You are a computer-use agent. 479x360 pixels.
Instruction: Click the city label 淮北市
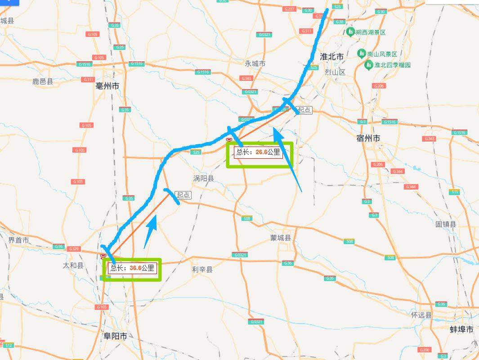click(x=331, y=57)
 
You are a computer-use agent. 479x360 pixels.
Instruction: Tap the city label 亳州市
click(x=107, y=85)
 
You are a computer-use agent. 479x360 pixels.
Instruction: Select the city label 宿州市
click(x=368, y=138)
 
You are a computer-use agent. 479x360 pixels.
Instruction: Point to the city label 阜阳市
click(x=115, y=336)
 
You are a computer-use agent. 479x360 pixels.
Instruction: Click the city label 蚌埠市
click(x=461, y=329)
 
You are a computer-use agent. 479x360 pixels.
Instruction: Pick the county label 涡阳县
click(x=204, y=178)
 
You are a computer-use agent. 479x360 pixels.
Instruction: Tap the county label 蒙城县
click(x=281, y=238)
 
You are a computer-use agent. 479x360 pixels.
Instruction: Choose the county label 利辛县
click(x=202, y=269)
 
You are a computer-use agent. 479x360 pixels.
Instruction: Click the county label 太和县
click(x=73, y=266)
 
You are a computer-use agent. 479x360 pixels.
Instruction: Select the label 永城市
click(x=255, y=63)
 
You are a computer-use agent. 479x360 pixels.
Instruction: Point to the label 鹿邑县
click(x=43, y=81)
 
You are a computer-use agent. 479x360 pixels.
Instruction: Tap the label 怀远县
click(x=421, y=315)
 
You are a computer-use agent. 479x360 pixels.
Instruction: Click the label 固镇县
click(x=446, y=224)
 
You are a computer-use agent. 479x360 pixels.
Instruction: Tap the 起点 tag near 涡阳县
click(x=183, y=195)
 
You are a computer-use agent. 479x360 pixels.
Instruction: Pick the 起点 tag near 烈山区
click(x=304, y=110)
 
